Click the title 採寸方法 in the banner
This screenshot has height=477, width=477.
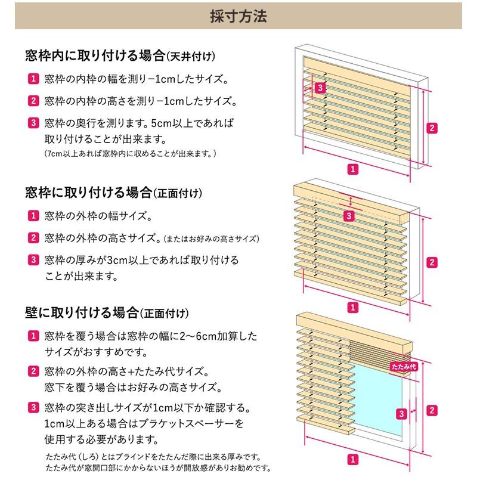pyautogui.click(x=238, y=16)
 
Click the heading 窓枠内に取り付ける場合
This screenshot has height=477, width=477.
pyautogui.click(x=95, y=56)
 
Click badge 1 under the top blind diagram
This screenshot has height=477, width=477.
pyautogui.click(x=354, y=169)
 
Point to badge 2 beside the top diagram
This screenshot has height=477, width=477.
pyautogui.click(x=433, y=127)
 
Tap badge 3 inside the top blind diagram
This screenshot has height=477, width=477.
pyautogui.click(x=320, y=88)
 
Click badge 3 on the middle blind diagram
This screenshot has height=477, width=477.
pyautogui.click(x=349, y=215)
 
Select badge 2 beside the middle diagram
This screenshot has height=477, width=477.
pyautogui.click(x=433, y=262)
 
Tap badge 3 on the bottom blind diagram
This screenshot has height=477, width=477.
pyautogui.click(x=402, y=413)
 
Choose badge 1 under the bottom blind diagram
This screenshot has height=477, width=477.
pyautogui.click(x=353, y=459)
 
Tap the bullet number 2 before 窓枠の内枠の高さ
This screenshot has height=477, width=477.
pyautogui.click(x=33, y=101)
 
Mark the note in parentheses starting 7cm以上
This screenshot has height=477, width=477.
pyautogui.click(x=130, y=154)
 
